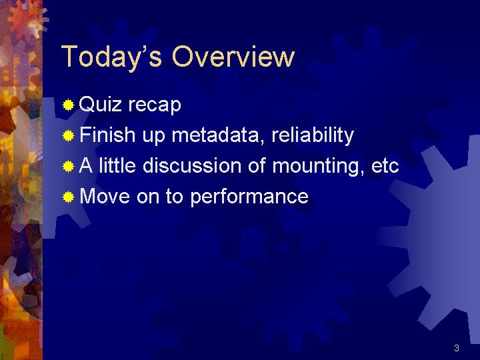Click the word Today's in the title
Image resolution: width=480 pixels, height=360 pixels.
[111, 57]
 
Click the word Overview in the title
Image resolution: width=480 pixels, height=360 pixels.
[233, 56]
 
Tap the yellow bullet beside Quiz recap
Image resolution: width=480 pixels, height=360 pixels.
[68, 105]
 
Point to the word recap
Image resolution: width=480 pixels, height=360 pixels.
[155, 106]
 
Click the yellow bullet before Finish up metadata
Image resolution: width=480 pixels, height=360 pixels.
[68, 135]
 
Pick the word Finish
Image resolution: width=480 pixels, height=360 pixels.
[107, 135]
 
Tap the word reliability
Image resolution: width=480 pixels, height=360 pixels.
[313, 135]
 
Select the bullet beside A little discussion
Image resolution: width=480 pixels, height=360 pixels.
[68, 166]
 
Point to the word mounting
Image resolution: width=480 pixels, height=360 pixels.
[318, 166]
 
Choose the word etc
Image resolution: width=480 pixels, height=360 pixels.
[385, 166]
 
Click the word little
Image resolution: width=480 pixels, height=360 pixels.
[117, 165]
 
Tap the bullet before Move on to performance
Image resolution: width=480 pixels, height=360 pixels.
[68, 197]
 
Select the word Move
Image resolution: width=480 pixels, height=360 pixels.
[105, 196]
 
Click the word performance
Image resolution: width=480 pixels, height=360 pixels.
[249, 197]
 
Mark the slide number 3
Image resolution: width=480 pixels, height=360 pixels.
[457, 348]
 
